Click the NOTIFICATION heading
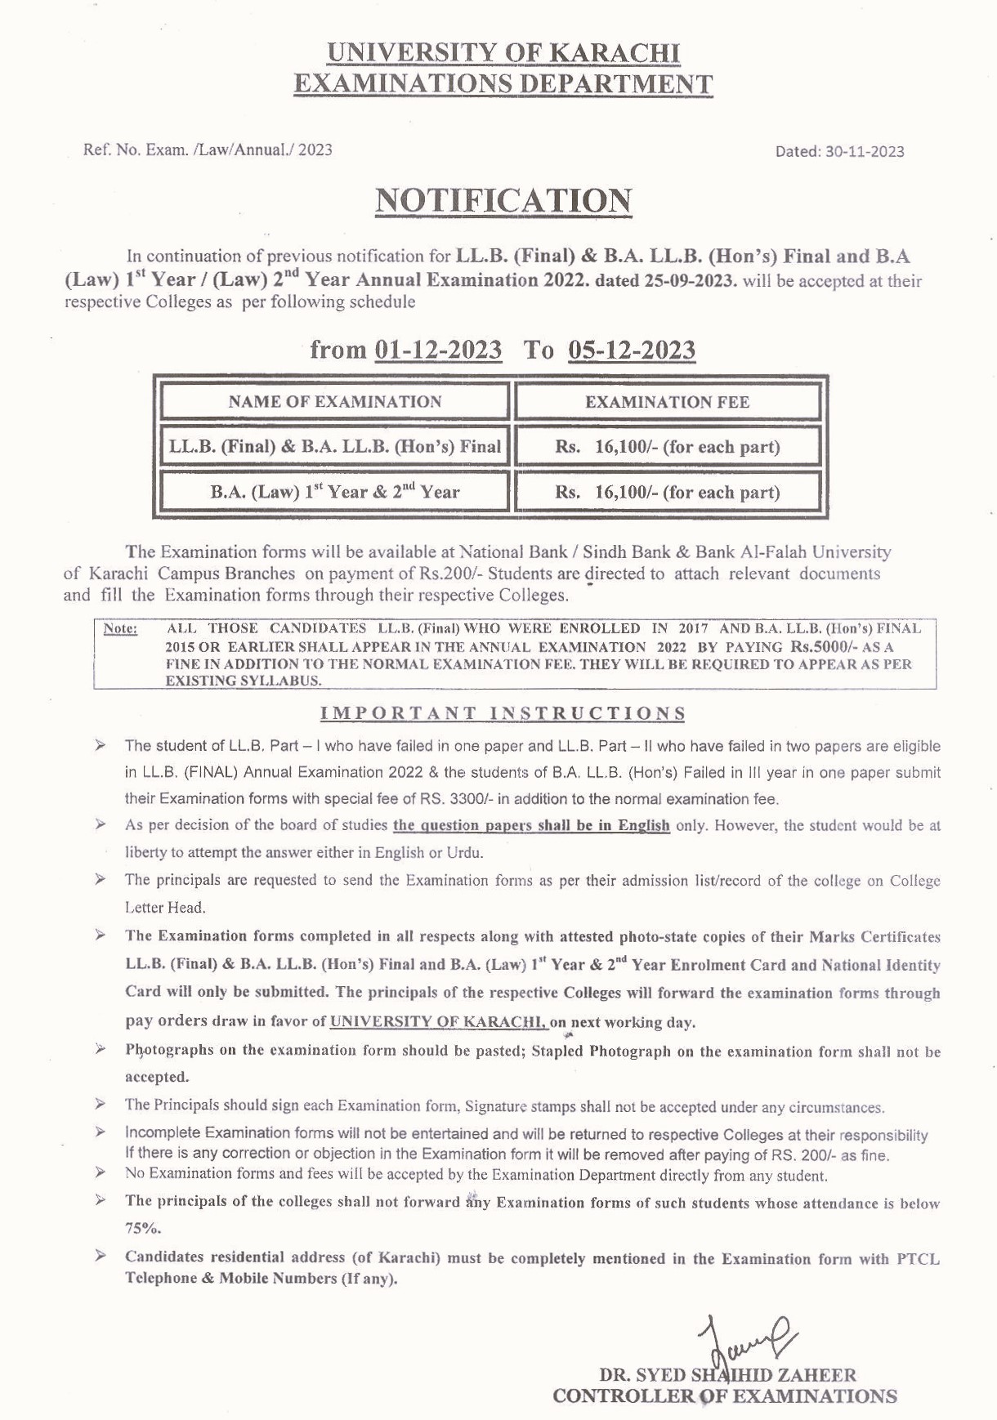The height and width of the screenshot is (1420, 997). tap(503, 201)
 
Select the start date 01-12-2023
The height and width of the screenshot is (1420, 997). tap(438, 350)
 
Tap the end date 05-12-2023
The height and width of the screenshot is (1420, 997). tap(632, 350)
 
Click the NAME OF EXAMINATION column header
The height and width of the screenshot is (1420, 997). tap(335, 402)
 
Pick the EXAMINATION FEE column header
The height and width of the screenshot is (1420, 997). tap(667, 402)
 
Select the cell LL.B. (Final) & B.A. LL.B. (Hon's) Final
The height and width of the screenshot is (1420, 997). tap(335, 447)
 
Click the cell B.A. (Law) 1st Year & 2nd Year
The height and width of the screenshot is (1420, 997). tap(335, 492)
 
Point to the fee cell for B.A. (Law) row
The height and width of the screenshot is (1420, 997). tap(667, 492)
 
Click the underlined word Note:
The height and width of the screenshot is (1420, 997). tap(121, 629)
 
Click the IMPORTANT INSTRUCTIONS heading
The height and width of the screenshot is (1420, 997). tap(503, 713)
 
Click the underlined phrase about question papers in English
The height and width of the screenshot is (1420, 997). tap(531, 825)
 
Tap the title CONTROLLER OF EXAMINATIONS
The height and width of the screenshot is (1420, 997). tap(724, 1396)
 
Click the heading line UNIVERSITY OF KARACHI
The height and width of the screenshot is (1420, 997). tap(503, 53)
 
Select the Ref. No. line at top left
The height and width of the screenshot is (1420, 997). tap(208, 150)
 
